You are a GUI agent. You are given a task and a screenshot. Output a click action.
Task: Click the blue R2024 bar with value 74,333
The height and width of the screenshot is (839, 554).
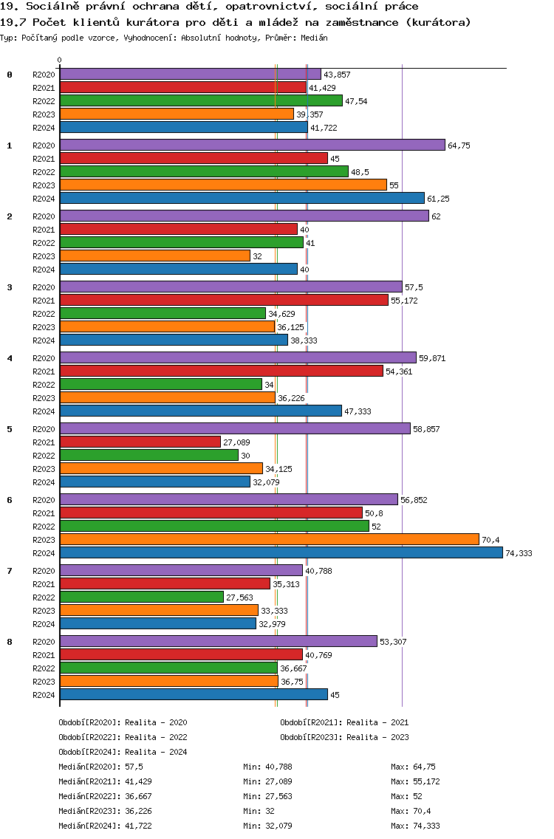click(281, 552)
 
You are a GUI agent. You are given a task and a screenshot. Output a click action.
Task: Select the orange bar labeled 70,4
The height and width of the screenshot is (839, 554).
click(269, 539)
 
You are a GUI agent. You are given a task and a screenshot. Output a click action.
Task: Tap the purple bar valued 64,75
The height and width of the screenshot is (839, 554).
click(252, 145)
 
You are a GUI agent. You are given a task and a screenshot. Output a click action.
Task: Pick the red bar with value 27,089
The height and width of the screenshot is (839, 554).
click(140, 442)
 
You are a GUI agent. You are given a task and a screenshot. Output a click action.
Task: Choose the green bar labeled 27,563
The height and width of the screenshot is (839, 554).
click(141, 597)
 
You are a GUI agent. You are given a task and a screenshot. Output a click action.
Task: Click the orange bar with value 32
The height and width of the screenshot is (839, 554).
click(154, 256)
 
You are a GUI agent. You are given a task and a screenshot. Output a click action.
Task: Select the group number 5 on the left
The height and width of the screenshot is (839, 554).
click(10, 429)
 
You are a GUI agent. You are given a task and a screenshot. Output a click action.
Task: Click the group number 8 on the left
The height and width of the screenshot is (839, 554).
click(10, 642)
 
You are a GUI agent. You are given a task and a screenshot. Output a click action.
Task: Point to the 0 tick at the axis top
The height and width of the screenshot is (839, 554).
click(60, 61)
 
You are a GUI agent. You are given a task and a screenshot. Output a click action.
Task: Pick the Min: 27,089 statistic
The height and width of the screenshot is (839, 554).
click(267, 781)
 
